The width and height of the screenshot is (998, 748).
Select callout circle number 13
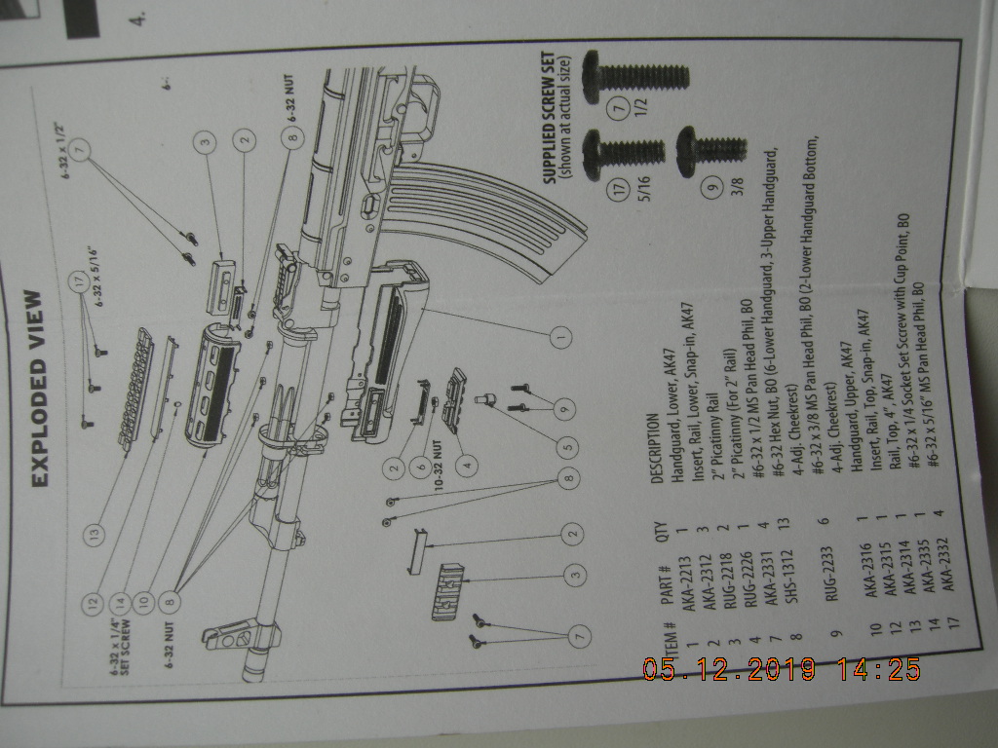click(94, 535)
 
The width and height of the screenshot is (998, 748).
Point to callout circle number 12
click(94, 604)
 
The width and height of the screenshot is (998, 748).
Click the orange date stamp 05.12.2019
click(730, 670)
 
